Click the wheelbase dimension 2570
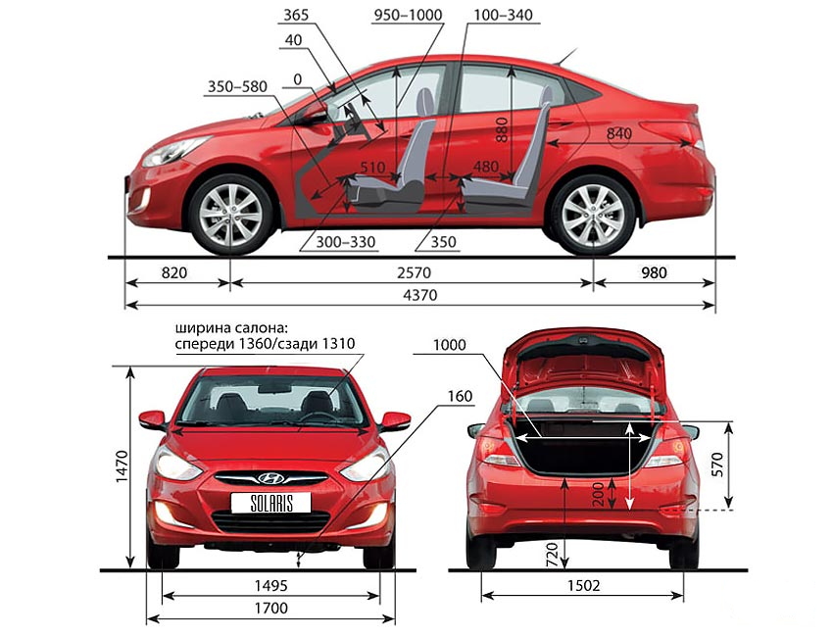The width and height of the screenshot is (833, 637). [x=412, y=272]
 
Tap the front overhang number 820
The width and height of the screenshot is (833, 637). [x=173, y=272]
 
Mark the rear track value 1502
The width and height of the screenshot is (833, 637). [x=582, y=586]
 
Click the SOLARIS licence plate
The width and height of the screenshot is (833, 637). [x=269, y=503]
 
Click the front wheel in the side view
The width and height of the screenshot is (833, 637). [x=231, y=215]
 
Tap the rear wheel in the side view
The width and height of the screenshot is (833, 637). [x=593, y=214]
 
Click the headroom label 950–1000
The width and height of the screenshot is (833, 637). [x=409, y=15]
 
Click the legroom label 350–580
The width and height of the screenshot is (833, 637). [x=238, y=86]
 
